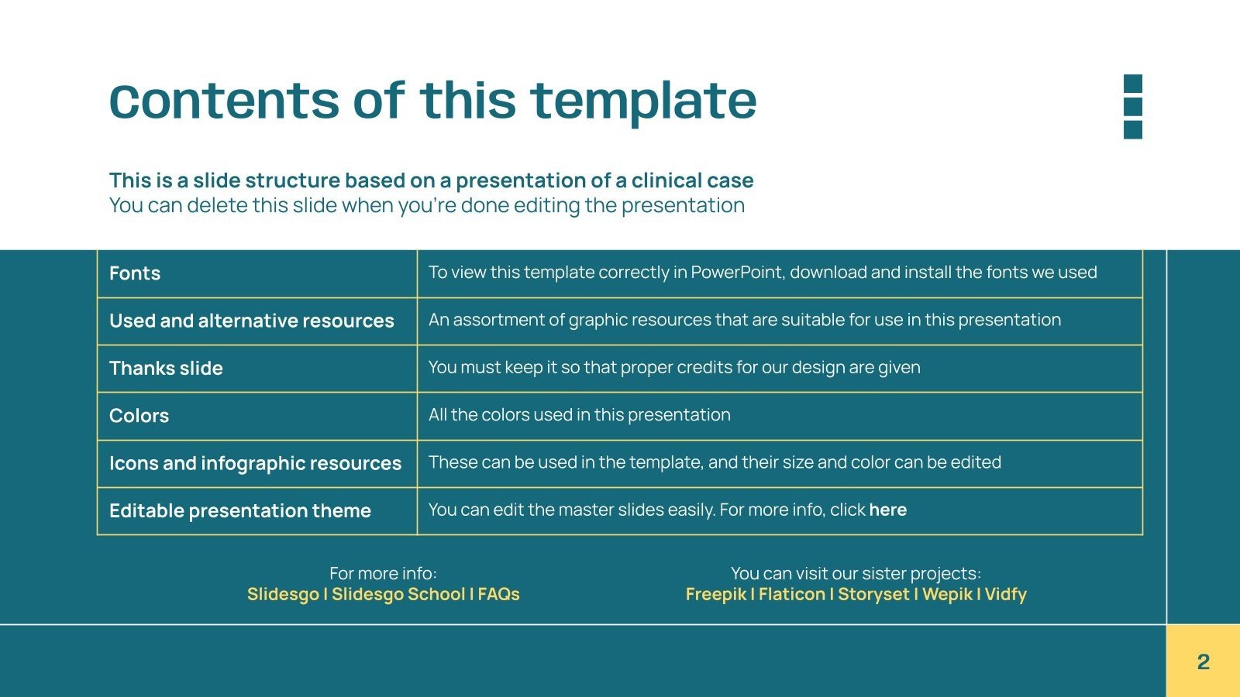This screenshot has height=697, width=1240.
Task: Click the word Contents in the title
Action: pos(225,101)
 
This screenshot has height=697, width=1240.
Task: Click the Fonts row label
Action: pos(135,273)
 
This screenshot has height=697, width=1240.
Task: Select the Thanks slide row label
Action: pos(166,369)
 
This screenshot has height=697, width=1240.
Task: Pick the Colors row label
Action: pos(139,416)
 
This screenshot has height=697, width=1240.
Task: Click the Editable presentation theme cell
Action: pos(240,511)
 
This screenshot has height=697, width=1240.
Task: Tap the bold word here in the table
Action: pos(887,510)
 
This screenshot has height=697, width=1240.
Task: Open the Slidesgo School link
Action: pos(398,595)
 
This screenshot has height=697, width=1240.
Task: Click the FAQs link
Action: pos(498,595)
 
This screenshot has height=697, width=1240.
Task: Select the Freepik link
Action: pos(715,595)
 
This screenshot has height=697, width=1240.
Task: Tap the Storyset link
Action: pos(873,595)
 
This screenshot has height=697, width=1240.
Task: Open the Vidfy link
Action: pos(1005,595)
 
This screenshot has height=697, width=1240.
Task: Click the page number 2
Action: pos(1203,662)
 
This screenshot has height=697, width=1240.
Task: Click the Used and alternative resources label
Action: pos(252,321)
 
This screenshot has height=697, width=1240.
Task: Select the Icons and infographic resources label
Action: pos(255,464)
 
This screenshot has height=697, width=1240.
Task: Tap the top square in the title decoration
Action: pos(1133,84)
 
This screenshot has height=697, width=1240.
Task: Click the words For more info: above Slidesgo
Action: pos(383,574)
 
